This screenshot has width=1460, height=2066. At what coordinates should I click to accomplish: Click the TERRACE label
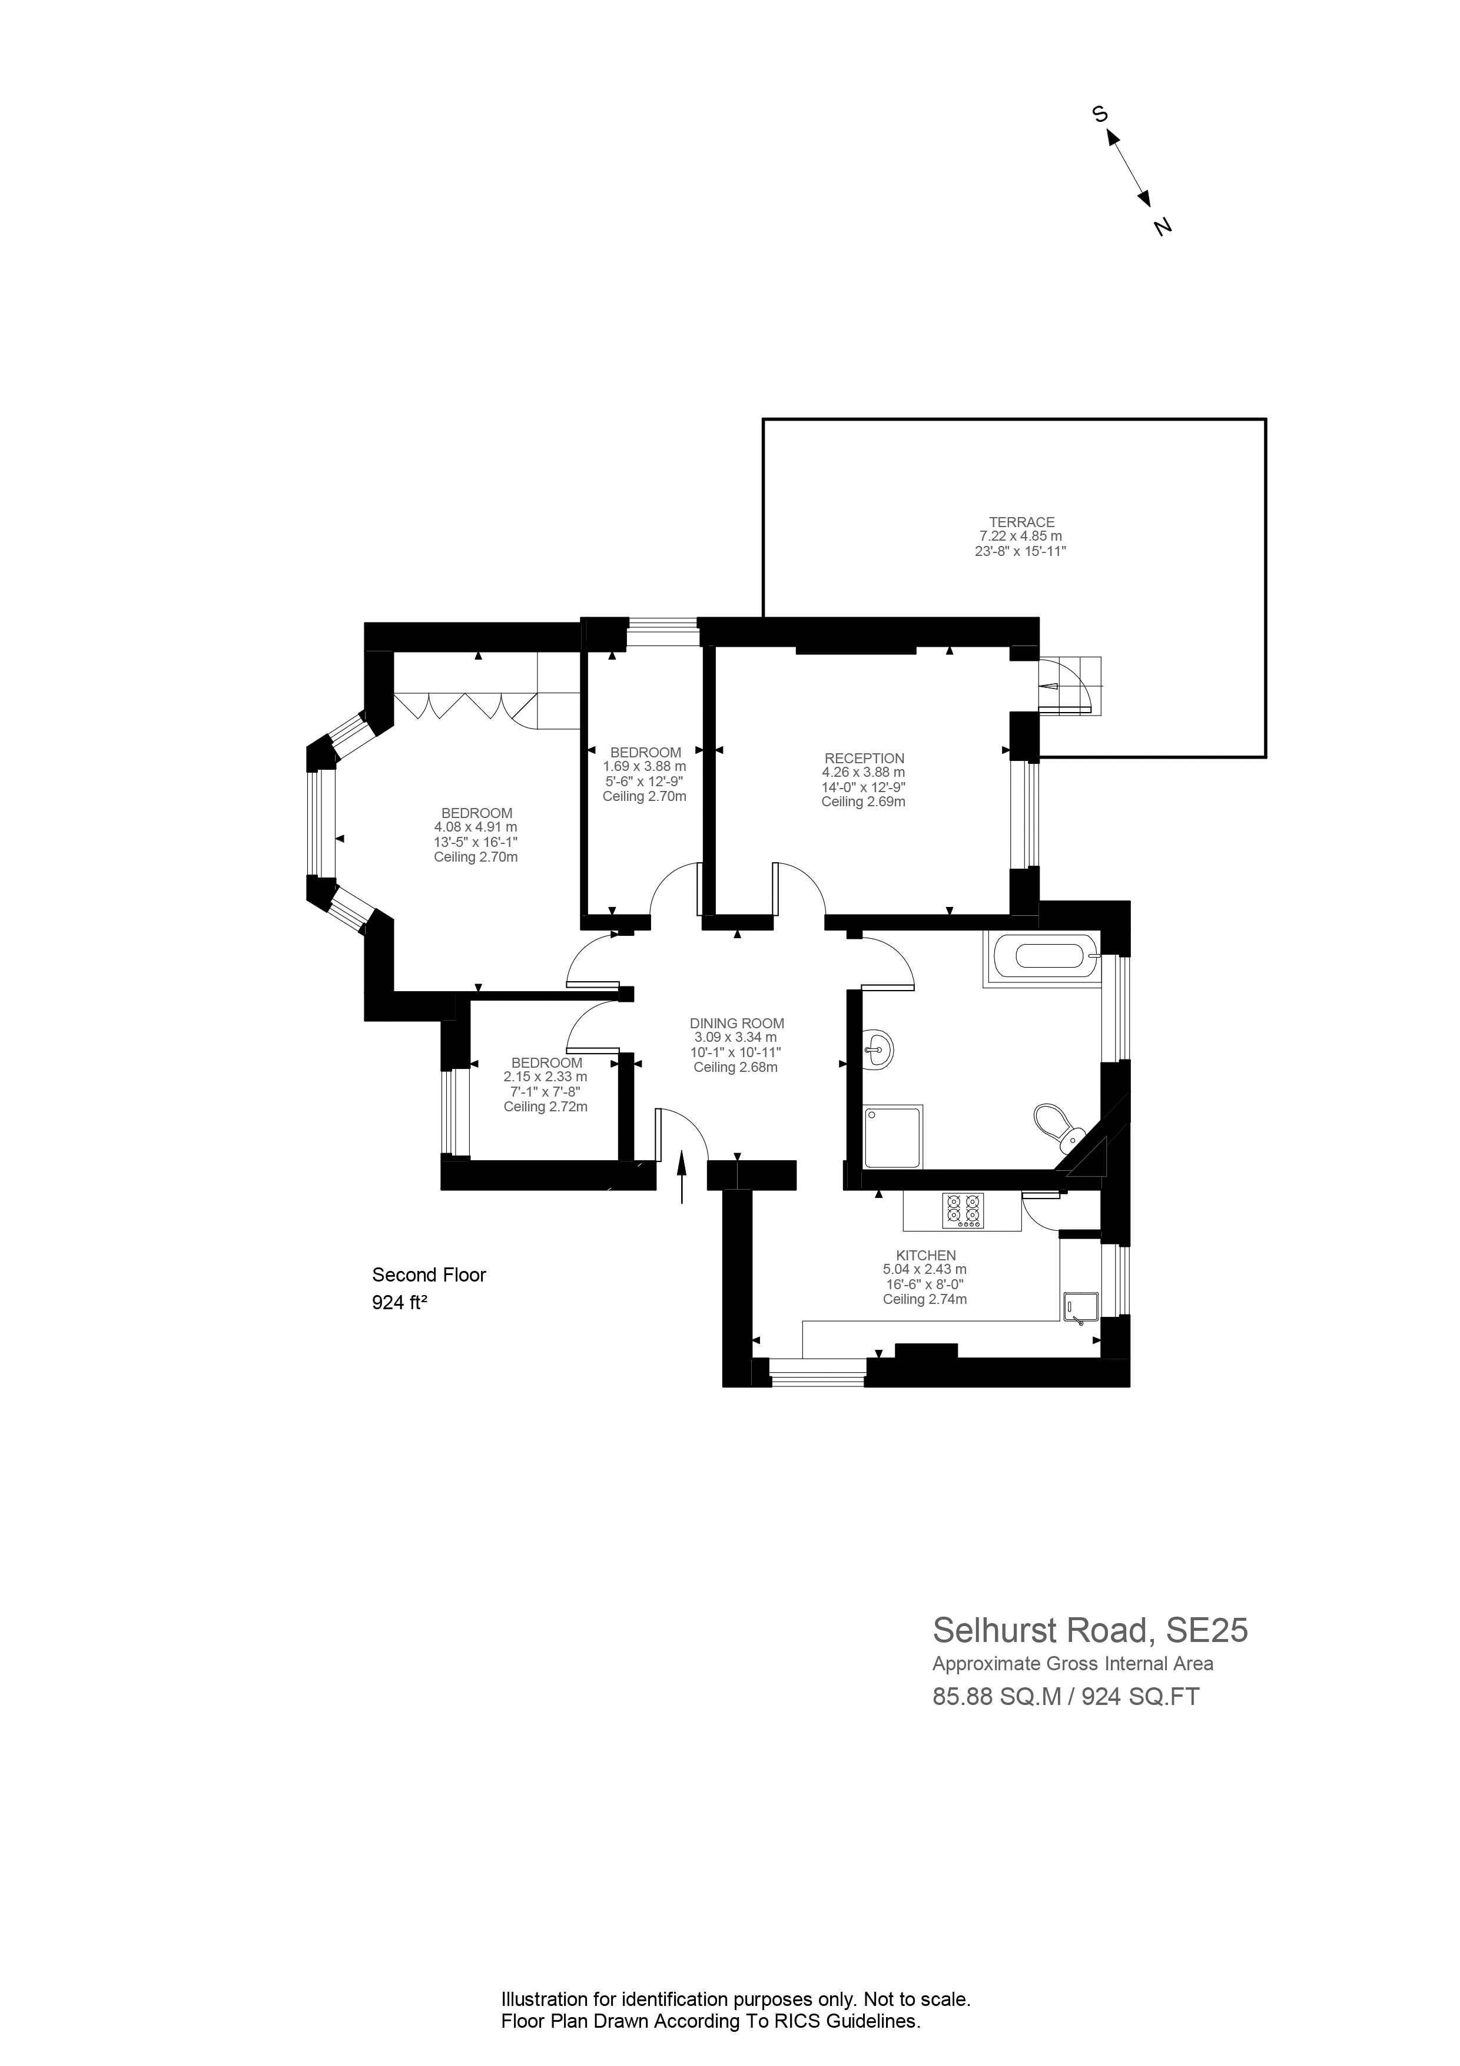(x=1021, y=522)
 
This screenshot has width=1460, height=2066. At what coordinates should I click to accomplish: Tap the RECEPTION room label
(x=864, y=759)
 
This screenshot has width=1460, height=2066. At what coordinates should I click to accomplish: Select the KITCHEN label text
(x=925, y=1255)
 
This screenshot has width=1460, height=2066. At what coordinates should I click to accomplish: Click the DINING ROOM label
(x=736, y=1023)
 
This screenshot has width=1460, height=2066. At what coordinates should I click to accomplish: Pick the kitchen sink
(x=1080, y=1307)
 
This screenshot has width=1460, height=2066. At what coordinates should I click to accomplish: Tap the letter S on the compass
(x=1099, y=114)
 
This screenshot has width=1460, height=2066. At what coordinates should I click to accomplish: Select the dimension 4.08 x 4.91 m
(x=476, y=827)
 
